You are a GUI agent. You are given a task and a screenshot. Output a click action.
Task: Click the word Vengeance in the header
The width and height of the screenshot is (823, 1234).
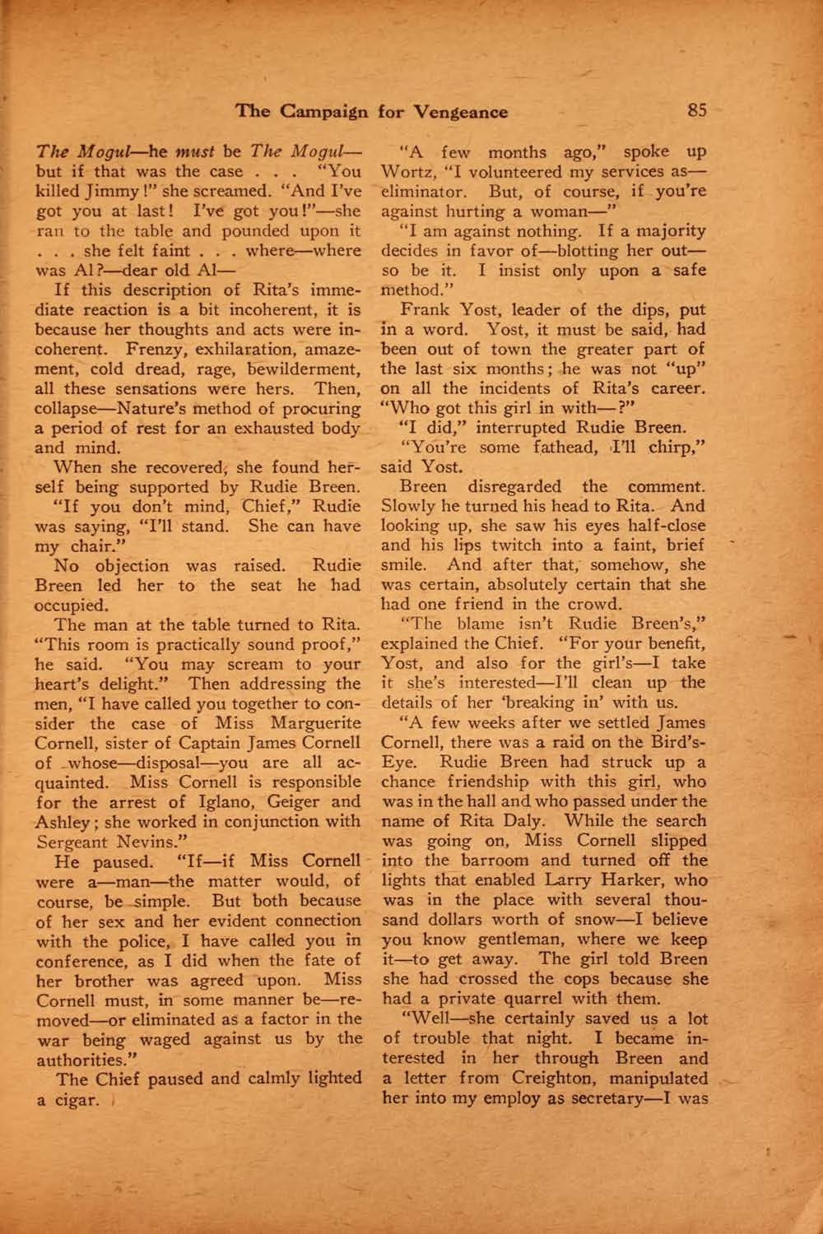[x=461, y=112]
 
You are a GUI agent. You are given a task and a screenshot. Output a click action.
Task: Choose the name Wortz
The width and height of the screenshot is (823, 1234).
[x=407, y=173]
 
